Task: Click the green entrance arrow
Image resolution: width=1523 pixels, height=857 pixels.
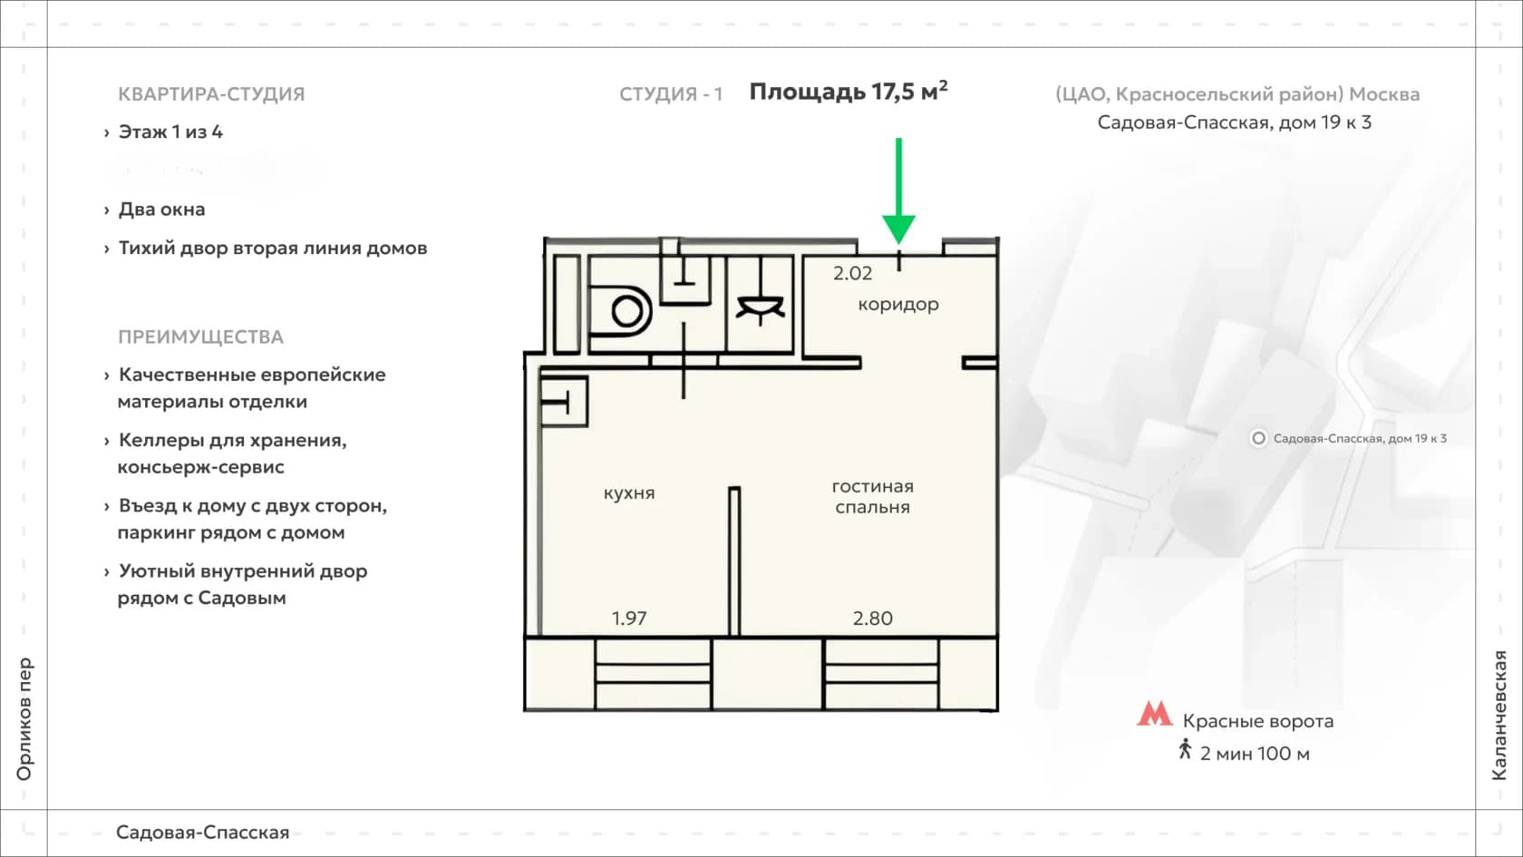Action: pyautogui.click(x=899, y=191)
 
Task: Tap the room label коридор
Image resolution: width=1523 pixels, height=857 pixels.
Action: pyautogui.click(x=898, y=305)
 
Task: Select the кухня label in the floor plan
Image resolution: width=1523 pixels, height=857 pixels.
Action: pyautogui.click(x=629, y=493)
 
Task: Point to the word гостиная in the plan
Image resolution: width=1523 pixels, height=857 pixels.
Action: pyautogui.click(x=872, y=486)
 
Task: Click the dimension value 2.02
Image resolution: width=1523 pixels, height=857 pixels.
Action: pyautogui.click(x=852, y=274)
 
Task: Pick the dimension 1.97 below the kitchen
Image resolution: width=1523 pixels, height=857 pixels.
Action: pyautogui.click(x=629, y=618)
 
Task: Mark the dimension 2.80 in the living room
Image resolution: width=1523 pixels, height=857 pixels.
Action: pyautogui.click(x=872, y=618)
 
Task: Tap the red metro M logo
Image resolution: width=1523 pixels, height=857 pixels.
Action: pyautogui.click(x=1155, y=714)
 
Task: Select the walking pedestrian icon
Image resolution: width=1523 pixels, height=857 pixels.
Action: pyautogui.click(x=1185, y=749)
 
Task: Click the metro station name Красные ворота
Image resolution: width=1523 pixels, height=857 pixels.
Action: pyautogui.click(x=1258, y=721)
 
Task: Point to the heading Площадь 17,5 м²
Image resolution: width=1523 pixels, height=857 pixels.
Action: pyautogui.click(x=849, y=91)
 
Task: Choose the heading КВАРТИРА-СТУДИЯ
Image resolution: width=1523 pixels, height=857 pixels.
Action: pyautogui.click(x=211, y=94)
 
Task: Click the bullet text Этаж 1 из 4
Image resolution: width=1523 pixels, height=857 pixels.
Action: pyautogui.click(x=170, y=132)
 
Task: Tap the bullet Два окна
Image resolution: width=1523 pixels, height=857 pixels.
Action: pyautogui.click(x=161, y=209)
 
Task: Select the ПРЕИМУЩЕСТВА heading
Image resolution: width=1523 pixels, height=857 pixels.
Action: pyautogui.click(x=200, y=336)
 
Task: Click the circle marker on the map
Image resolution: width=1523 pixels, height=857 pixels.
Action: pyautogui.click(x=1258, y=439)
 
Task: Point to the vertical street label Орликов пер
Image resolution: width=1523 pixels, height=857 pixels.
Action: pyautogui.click(x=24, y=719)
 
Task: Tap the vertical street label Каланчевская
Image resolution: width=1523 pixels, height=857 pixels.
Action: pyautogui.click(x=1499, y=716)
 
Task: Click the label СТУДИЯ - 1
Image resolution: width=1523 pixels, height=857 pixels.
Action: pyautogui.click(x=671, y=94)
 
